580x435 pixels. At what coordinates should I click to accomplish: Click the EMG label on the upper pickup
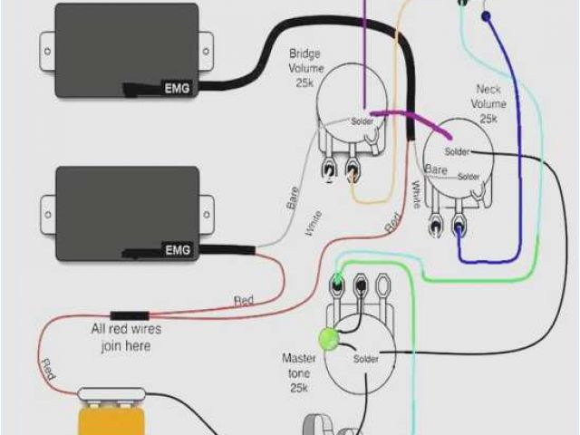coord(178,87)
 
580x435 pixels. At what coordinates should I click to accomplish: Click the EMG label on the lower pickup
coord(178,248)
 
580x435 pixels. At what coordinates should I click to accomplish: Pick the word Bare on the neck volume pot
coord(437,170)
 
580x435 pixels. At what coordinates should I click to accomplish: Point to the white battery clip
coord(112,393)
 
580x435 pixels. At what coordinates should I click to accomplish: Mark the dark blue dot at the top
coord(486,15)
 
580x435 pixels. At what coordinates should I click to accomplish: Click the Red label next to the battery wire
coord(48,370)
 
